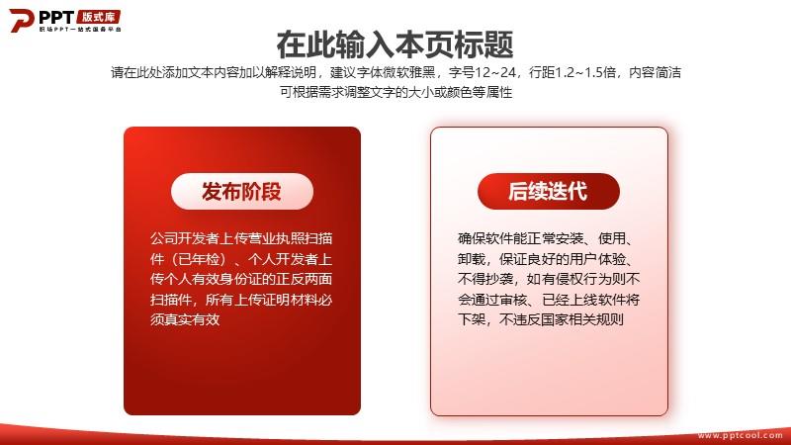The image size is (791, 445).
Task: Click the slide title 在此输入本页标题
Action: point(395,44)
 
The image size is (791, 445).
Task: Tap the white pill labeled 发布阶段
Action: point(242,191)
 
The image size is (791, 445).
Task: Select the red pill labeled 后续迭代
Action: point(549,191)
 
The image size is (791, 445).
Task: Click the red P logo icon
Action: point(21,20)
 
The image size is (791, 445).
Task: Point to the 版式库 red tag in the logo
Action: point(98,17)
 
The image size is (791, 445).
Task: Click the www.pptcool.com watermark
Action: point(740,435)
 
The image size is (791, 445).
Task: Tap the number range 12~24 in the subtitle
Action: point(495,72)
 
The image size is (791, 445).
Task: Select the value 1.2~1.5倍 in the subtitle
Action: point(585,72)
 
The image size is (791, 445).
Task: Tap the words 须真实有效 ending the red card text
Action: point(185,319)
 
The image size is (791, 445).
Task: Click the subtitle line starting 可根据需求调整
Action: point(396,92)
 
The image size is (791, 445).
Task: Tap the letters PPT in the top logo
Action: point(56,17)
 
